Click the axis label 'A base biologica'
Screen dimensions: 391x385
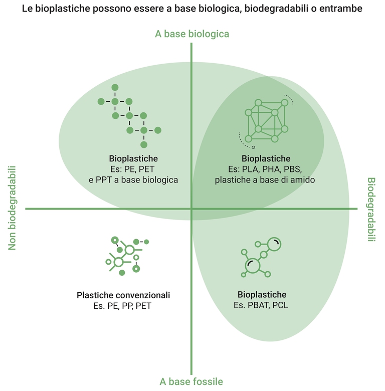[x=192, y=34]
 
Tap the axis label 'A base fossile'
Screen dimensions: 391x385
[x=191, y=381]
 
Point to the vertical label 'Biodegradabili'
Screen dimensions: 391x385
[x=371, y=210]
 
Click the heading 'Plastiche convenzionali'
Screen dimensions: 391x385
[x=123, y=295]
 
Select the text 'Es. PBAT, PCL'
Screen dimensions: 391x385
[x=262, y=305]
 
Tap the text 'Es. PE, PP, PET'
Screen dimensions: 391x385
[x=122, y=306]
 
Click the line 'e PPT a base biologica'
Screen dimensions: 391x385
[x=137, y=179]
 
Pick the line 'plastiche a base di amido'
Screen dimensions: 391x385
[x=265, y=179]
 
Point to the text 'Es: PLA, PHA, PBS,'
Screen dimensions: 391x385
[x=266, y=169]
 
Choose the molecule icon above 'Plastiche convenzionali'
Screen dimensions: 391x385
[x=124, y=255]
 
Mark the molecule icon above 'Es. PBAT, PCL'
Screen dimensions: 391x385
[x=261, y=257]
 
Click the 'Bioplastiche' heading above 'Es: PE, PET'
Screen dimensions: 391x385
[x=133, y=158]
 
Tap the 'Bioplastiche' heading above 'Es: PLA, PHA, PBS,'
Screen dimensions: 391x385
[x=266, y=158]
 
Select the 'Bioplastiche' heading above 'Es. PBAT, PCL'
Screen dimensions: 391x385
[x=262, y=294]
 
